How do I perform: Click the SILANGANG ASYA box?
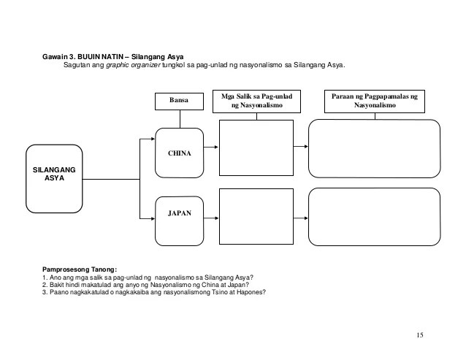click(x=55, y=176)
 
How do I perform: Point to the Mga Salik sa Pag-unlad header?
click(x=256, y=101)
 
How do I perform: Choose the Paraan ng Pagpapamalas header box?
click(x=375, y=101)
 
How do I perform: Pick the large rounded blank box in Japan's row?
click(x=375, y=216)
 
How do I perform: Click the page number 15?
click(x=419, y=334)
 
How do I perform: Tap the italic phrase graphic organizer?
click(x=131, y=64)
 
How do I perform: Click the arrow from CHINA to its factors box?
click(x=210, y=147)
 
